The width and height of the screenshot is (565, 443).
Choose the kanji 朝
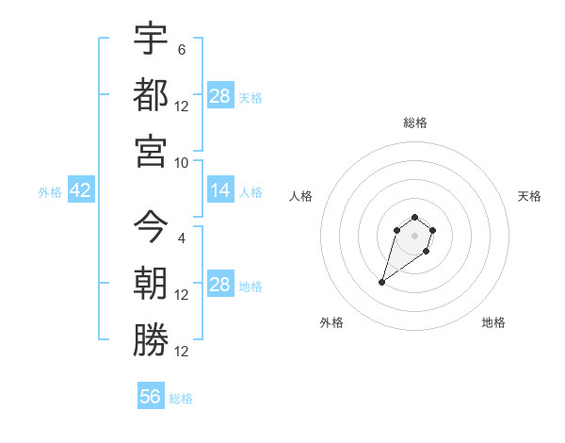(x=151, y=283)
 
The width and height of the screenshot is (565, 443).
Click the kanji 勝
(x=151, y=339)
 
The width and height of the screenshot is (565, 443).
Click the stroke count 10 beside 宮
(x=182, y=162)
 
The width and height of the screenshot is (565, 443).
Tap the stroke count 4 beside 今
(x=182, y=238)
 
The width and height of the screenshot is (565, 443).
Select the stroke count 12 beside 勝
(x=182, y=352)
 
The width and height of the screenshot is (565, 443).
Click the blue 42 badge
(x=80, y=190)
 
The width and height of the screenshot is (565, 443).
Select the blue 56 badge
(x=151, y=397)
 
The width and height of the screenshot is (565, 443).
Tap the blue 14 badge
(x=220, y=190)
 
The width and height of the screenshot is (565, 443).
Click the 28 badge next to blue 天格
(x=220, y=96)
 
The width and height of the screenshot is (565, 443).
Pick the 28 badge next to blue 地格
(x=220, y=285)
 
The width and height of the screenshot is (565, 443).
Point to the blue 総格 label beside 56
(x=181, y=399)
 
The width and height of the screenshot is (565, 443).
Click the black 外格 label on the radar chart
(x=331, y=322)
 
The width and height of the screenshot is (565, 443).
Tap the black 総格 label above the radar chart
(x=414, y=123)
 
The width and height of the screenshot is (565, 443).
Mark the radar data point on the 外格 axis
(x=382, y=282)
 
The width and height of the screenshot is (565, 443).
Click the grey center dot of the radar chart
(x=414, y=235)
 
